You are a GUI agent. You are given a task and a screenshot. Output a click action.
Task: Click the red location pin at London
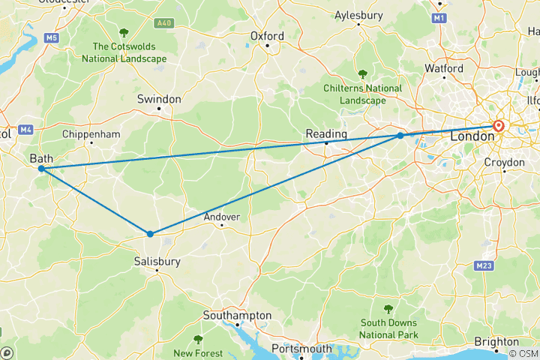coord(499,127)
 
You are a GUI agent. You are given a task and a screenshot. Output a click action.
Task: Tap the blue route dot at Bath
coord(40,169)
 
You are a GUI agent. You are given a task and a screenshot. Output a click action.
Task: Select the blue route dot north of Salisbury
coord(150,234)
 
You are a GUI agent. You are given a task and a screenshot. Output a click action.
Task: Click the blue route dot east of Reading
coord(400,136)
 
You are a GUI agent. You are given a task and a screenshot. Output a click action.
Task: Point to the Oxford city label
coord(267,36)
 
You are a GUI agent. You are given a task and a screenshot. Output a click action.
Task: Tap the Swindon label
coord(159,99)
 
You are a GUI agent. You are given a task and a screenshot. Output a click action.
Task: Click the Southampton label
coord(240,316)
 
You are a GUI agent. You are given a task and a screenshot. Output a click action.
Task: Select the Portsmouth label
coord(301,349)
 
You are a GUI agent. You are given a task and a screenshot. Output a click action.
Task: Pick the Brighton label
coord(496,342)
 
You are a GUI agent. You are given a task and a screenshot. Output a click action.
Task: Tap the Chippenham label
coord(91,134)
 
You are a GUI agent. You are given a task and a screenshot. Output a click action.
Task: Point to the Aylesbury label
coord(359,15)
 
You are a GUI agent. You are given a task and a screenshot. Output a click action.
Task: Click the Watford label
coord(444,68)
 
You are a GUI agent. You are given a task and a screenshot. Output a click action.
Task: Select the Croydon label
coord(504,162)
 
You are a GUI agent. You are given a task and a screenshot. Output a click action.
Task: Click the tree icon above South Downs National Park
coord(388,308)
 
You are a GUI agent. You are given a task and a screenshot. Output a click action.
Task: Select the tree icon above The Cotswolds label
coord(124,32)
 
